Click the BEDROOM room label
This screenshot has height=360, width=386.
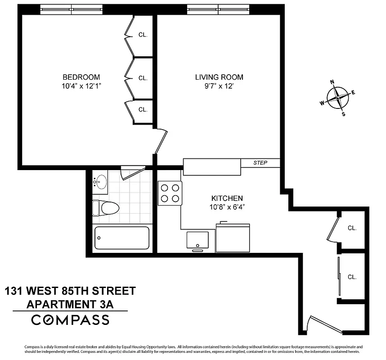coord(81,77)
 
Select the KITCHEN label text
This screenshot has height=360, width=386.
coord(227,198)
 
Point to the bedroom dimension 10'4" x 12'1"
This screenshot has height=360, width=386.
coord(81,86)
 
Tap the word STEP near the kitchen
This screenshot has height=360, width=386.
coord(260,162)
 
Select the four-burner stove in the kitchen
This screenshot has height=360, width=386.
coord(170,193)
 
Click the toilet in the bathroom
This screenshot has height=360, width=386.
coord(106,208)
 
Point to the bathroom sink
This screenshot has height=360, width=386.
coord(101,182)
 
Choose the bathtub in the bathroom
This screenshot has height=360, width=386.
coord(121,238)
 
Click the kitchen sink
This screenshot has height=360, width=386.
coord(197,240)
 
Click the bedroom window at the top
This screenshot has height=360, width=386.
coord(72,9)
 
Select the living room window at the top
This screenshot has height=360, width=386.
coord(218,9)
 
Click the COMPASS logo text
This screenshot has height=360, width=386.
coord(70,320)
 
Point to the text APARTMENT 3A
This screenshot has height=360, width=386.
coord(70,304)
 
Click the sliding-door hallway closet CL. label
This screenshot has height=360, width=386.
coord(352,277)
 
